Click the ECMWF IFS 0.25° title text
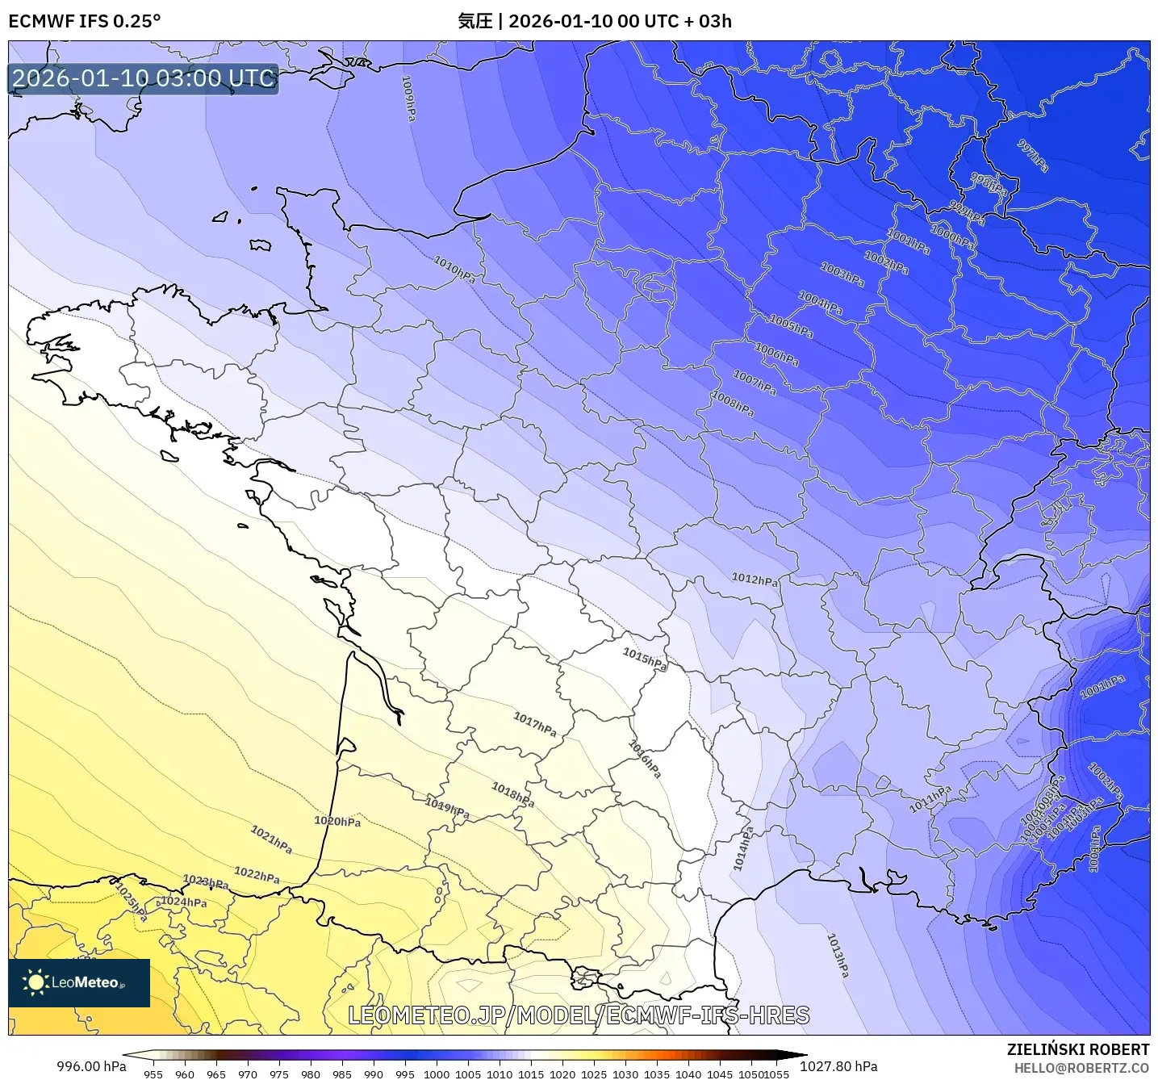pyautogui.click(x=85, y=21)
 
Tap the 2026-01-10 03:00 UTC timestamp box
pyautogui.click(x=144, y=78)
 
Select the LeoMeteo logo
pyautogui.click(x=79, y=982)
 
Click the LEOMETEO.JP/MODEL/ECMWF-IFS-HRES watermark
pyautogui.click(x=579, y=1015)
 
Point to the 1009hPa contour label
pyautogui.click(x=409, y=98)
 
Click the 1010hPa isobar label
pyautogui.click(x=455, y=269)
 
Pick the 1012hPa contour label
pyautogui.click(x=755, y=580)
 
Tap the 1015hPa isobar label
pyautogui.click(x=645, y=659)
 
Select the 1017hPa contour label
pyautogui.click(x=535, y=724)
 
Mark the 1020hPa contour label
pyautogui.click(x=337, y=822)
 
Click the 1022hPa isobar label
pyautogui.click(x=257, y=874)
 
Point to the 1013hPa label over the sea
pyautogui.click(x=838, y=955)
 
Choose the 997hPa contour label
pyautogui.click(x=1033, y=156)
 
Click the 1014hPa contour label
pyautogui.click(x=742, y=848)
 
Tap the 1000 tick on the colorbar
pyautogui.click(x=436, y=1074)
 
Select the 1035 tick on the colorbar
pyautogui.click(x=656, y=1074)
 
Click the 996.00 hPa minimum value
pyautogui.click(x=91, y=1066)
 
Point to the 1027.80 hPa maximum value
pyautogui.click(x=838, y=1066)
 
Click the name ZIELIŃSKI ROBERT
pyautogui.click(x=1077, y=1049)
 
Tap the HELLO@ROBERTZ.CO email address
pyautogui.click(x=1081, y=1068)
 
